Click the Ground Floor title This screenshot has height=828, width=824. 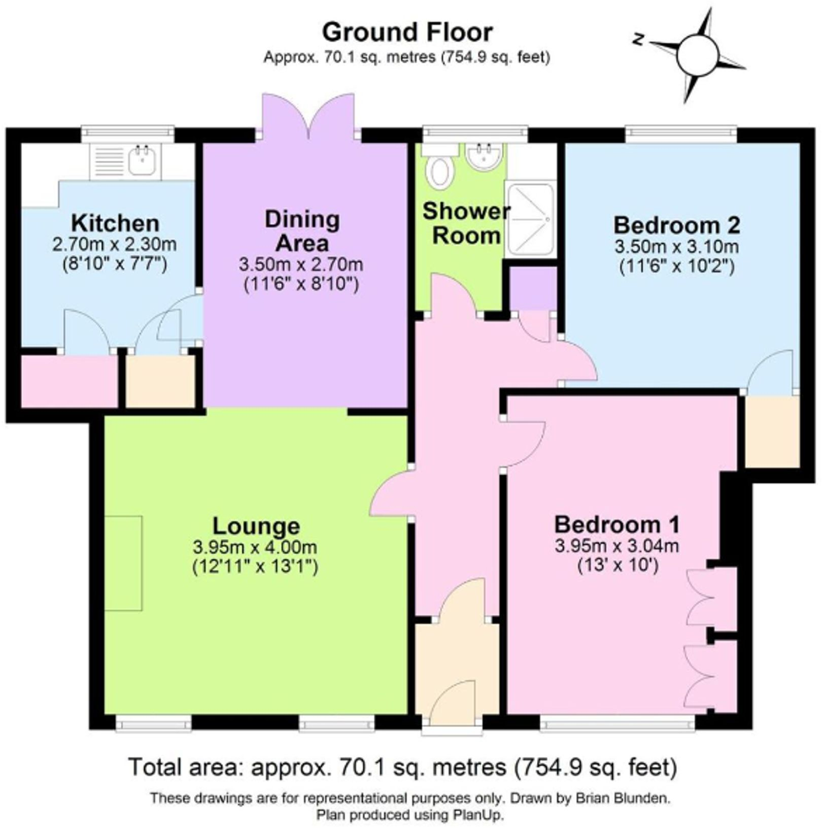point(407,32)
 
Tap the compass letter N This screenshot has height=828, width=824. point(639,39)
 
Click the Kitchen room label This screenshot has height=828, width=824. point(115,223)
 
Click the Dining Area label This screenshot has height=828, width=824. point(302,231)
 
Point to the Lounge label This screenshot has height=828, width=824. point(256,526)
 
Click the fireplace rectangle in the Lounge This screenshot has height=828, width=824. point(124,563)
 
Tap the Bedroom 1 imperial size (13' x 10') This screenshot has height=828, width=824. point(618,565)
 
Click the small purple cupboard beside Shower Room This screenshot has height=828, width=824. point(532,288)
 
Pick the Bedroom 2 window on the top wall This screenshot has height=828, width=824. point(680,135)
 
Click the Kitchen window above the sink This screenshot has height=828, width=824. point(127,135)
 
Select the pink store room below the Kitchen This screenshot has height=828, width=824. point(70,381)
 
